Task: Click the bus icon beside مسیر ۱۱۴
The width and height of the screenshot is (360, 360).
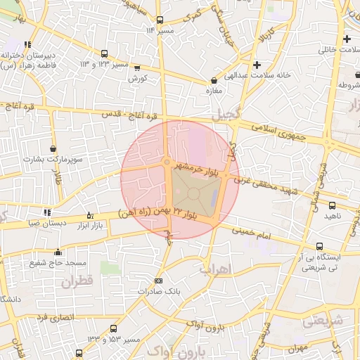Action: point(160,20)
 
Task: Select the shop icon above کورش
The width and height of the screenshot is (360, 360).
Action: point(136,68)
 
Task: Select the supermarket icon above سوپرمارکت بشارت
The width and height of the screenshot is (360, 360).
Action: point(53,149)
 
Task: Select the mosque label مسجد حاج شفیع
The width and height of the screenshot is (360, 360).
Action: point(58,262)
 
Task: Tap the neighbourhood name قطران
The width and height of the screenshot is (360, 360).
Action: point(77,283)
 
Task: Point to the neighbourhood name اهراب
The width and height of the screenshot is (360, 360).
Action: point(215,269)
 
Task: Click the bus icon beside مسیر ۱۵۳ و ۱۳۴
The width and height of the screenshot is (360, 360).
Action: point(115,329)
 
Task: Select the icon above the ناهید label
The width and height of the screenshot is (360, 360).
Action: point(332,206)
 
